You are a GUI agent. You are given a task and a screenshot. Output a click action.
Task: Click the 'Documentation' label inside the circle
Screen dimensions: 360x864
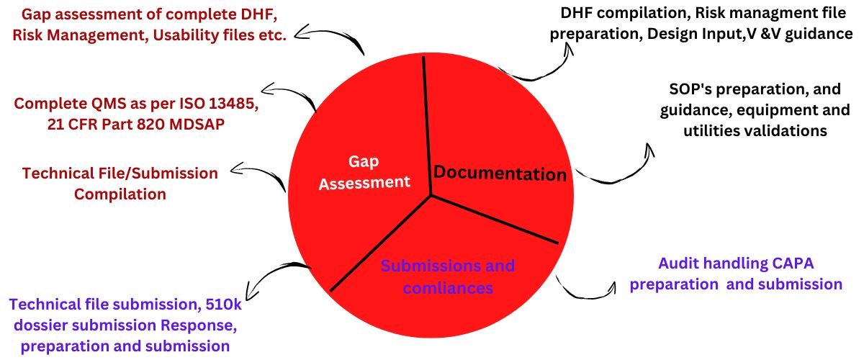[499, 173]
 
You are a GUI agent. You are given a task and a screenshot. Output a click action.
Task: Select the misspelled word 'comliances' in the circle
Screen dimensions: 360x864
[448, 288]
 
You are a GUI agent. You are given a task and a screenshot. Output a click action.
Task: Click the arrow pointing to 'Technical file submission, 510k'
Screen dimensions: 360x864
[277, 277]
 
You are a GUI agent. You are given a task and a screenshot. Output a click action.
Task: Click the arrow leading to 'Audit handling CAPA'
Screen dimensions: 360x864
[587, 288]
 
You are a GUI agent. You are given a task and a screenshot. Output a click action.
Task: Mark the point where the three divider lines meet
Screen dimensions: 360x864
[431, 194]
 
